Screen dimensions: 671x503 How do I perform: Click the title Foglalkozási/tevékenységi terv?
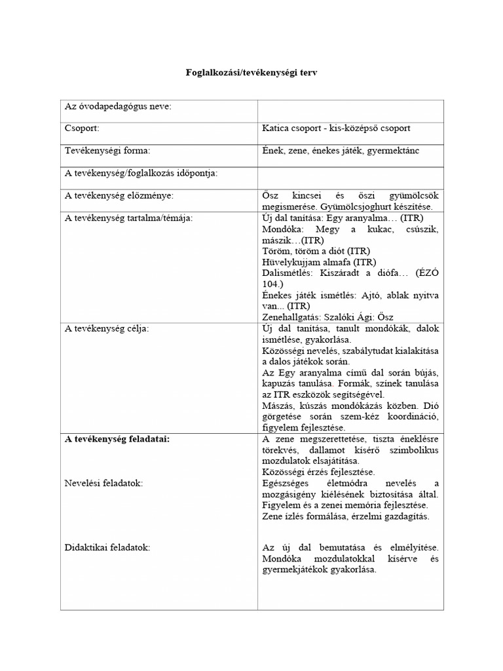pyautogui.click(x=251, y=74)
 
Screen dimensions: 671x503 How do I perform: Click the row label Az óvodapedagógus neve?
pyautogui.click(x=118, y=106)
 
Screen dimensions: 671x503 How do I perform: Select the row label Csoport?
pyautogui.click(x=82, y=128)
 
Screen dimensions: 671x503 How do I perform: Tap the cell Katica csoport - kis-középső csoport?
pyautogui.click(x=336, y=128)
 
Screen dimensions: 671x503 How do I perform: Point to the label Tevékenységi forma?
pyautogui.click(x=107, y=150)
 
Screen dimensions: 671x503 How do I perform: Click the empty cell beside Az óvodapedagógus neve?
pyautogui.click(x=350, y=107)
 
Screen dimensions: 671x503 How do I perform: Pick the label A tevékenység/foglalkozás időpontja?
pyautogui.click(x=140, y=172)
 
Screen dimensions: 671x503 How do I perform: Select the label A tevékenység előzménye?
pyautogui.click(x=119, y=195)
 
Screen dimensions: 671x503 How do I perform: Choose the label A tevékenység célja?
pyautogui.click(x=106, y=328)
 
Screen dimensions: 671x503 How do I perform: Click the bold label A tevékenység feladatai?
pyautogui.click(x=117, y=439)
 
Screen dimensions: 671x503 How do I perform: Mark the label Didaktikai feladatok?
pyautogui.click(x=107, y=547)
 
